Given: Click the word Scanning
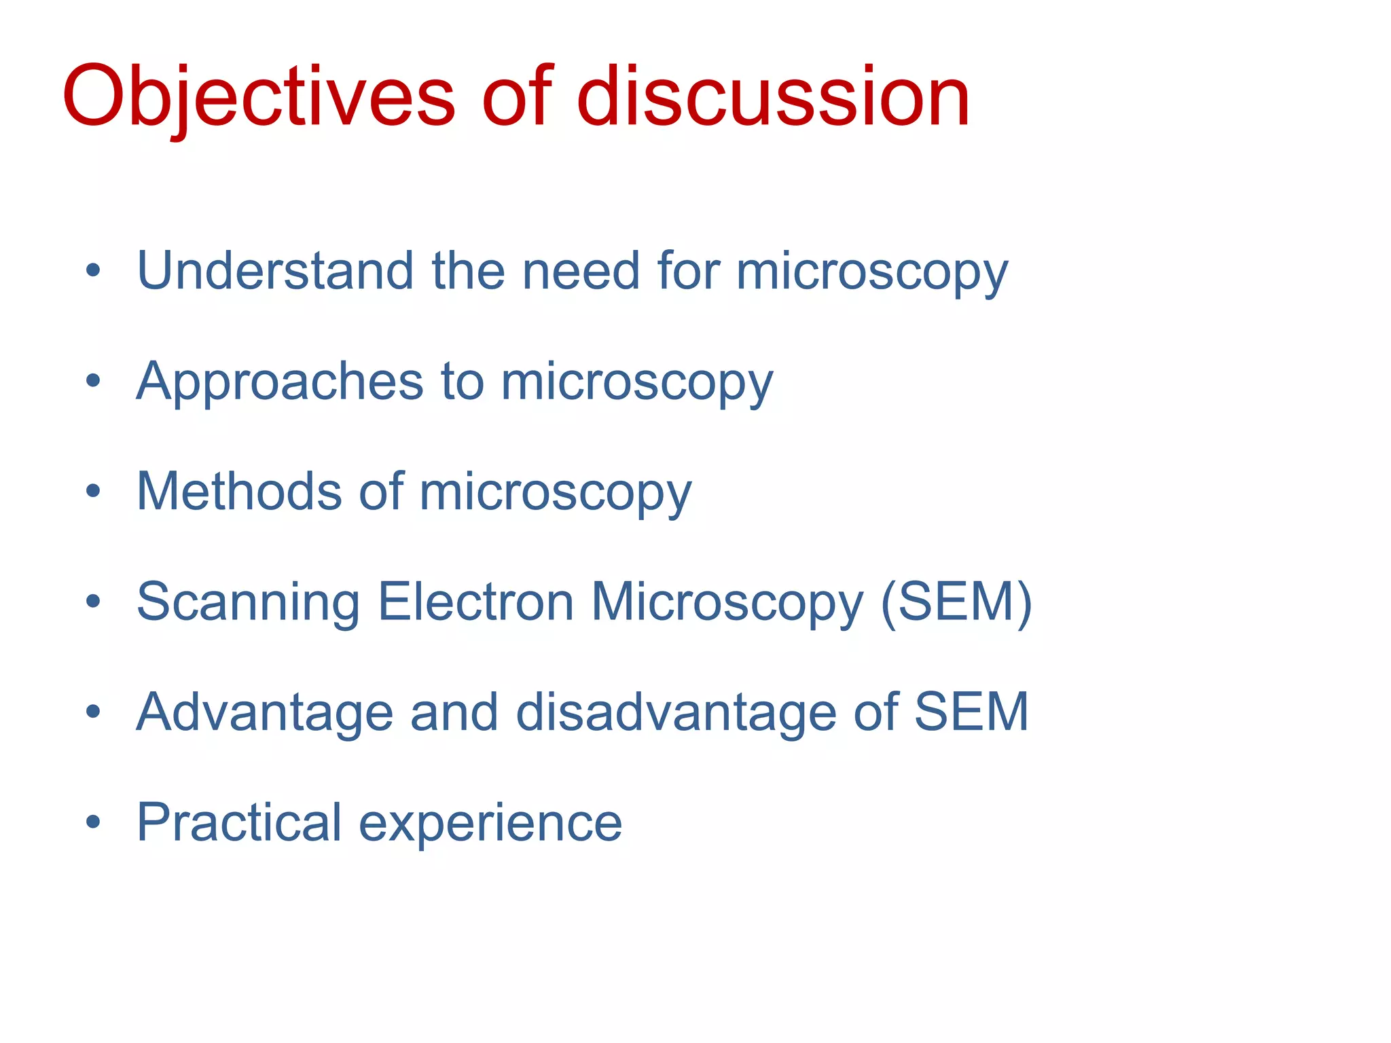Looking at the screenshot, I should tap(248, 602).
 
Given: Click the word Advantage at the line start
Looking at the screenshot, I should tap(265, 712).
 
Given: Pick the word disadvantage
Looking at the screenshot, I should tap(676, 712).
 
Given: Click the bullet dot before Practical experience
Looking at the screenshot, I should tap(93, 822).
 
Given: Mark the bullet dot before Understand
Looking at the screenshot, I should tap(93, 271).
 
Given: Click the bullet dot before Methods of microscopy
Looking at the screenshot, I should tap(93, 491).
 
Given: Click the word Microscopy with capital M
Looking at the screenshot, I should tap(727, 602).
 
